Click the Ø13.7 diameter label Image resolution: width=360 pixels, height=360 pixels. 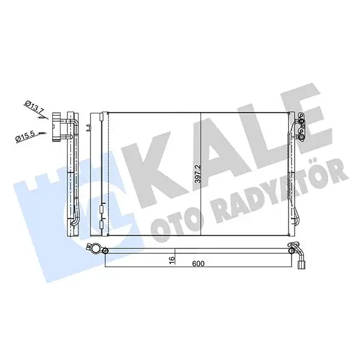[35, 107]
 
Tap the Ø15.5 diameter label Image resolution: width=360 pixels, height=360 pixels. [26, 137]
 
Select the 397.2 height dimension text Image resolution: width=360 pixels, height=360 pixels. [197, 174]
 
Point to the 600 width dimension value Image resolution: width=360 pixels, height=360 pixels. [198, 263]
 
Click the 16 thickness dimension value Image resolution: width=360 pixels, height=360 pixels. [172, 260]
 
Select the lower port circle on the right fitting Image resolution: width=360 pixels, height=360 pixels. [301, 137]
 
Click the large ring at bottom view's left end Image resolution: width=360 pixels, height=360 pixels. [95, 248]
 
